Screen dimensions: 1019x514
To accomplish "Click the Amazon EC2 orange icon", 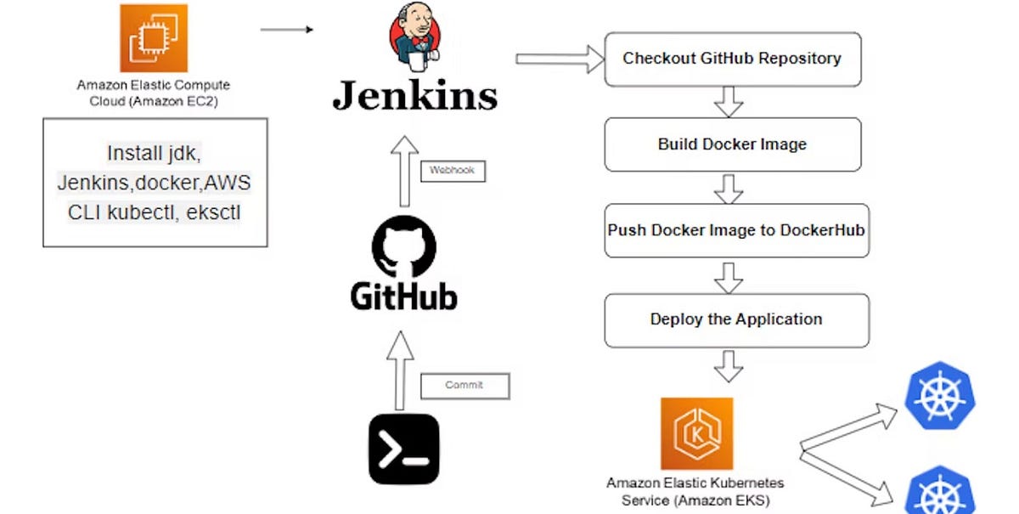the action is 154,38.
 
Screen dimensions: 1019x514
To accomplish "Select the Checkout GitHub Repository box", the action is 733,59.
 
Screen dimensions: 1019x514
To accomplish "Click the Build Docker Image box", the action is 733,144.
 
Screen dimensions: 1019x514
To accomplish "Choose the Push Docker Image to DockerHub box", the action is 737,230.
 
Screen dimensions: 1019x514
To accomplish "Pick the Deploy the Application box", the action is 737,320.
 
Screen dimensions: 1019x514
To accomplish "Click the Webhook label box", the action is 453,171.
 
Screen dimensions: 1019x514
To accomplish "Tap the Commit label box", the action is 465,387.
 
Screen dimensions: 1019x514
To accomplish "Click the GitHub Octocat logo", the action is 404,246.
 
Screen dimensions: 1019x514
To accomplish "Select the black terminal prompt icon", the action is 404,449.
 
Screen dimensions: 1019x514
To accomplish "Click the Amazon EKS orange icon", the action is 697,433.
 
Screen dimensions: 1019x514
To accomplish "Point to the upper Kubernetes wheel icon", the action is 940,395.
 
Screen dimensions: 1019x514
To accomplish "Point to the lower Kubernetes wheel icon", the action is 940,490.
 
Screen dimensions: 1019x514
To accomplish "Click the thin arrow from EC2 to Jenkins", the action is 287,30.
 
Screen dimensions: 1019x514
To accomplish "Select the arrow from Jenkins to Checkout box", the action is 560,59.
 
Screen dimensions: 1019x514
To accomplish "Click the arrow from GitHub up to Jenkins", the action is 404,171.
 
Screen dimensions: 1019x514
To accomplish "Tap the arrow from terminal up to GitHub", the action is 400,370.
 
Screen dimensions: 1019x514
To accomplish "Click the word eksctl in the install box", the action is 213,212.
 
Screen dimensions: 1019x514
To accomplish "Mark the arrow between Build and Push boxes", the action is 729,189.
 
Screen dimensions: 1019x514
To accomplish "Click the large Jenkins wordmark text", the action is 415,95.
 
